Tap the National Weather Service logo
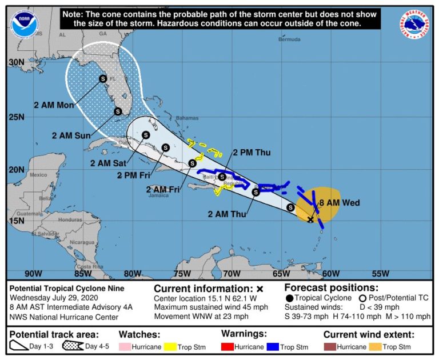[414, 25]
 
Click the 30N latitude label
[17, 62]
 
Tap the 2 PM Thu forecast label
[252, 153]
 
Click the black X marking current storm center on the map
[311, 219]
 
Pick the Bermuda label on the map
[289, 39]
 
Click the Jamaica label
[158, 195]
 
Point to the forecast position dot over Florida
[103, 78]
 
